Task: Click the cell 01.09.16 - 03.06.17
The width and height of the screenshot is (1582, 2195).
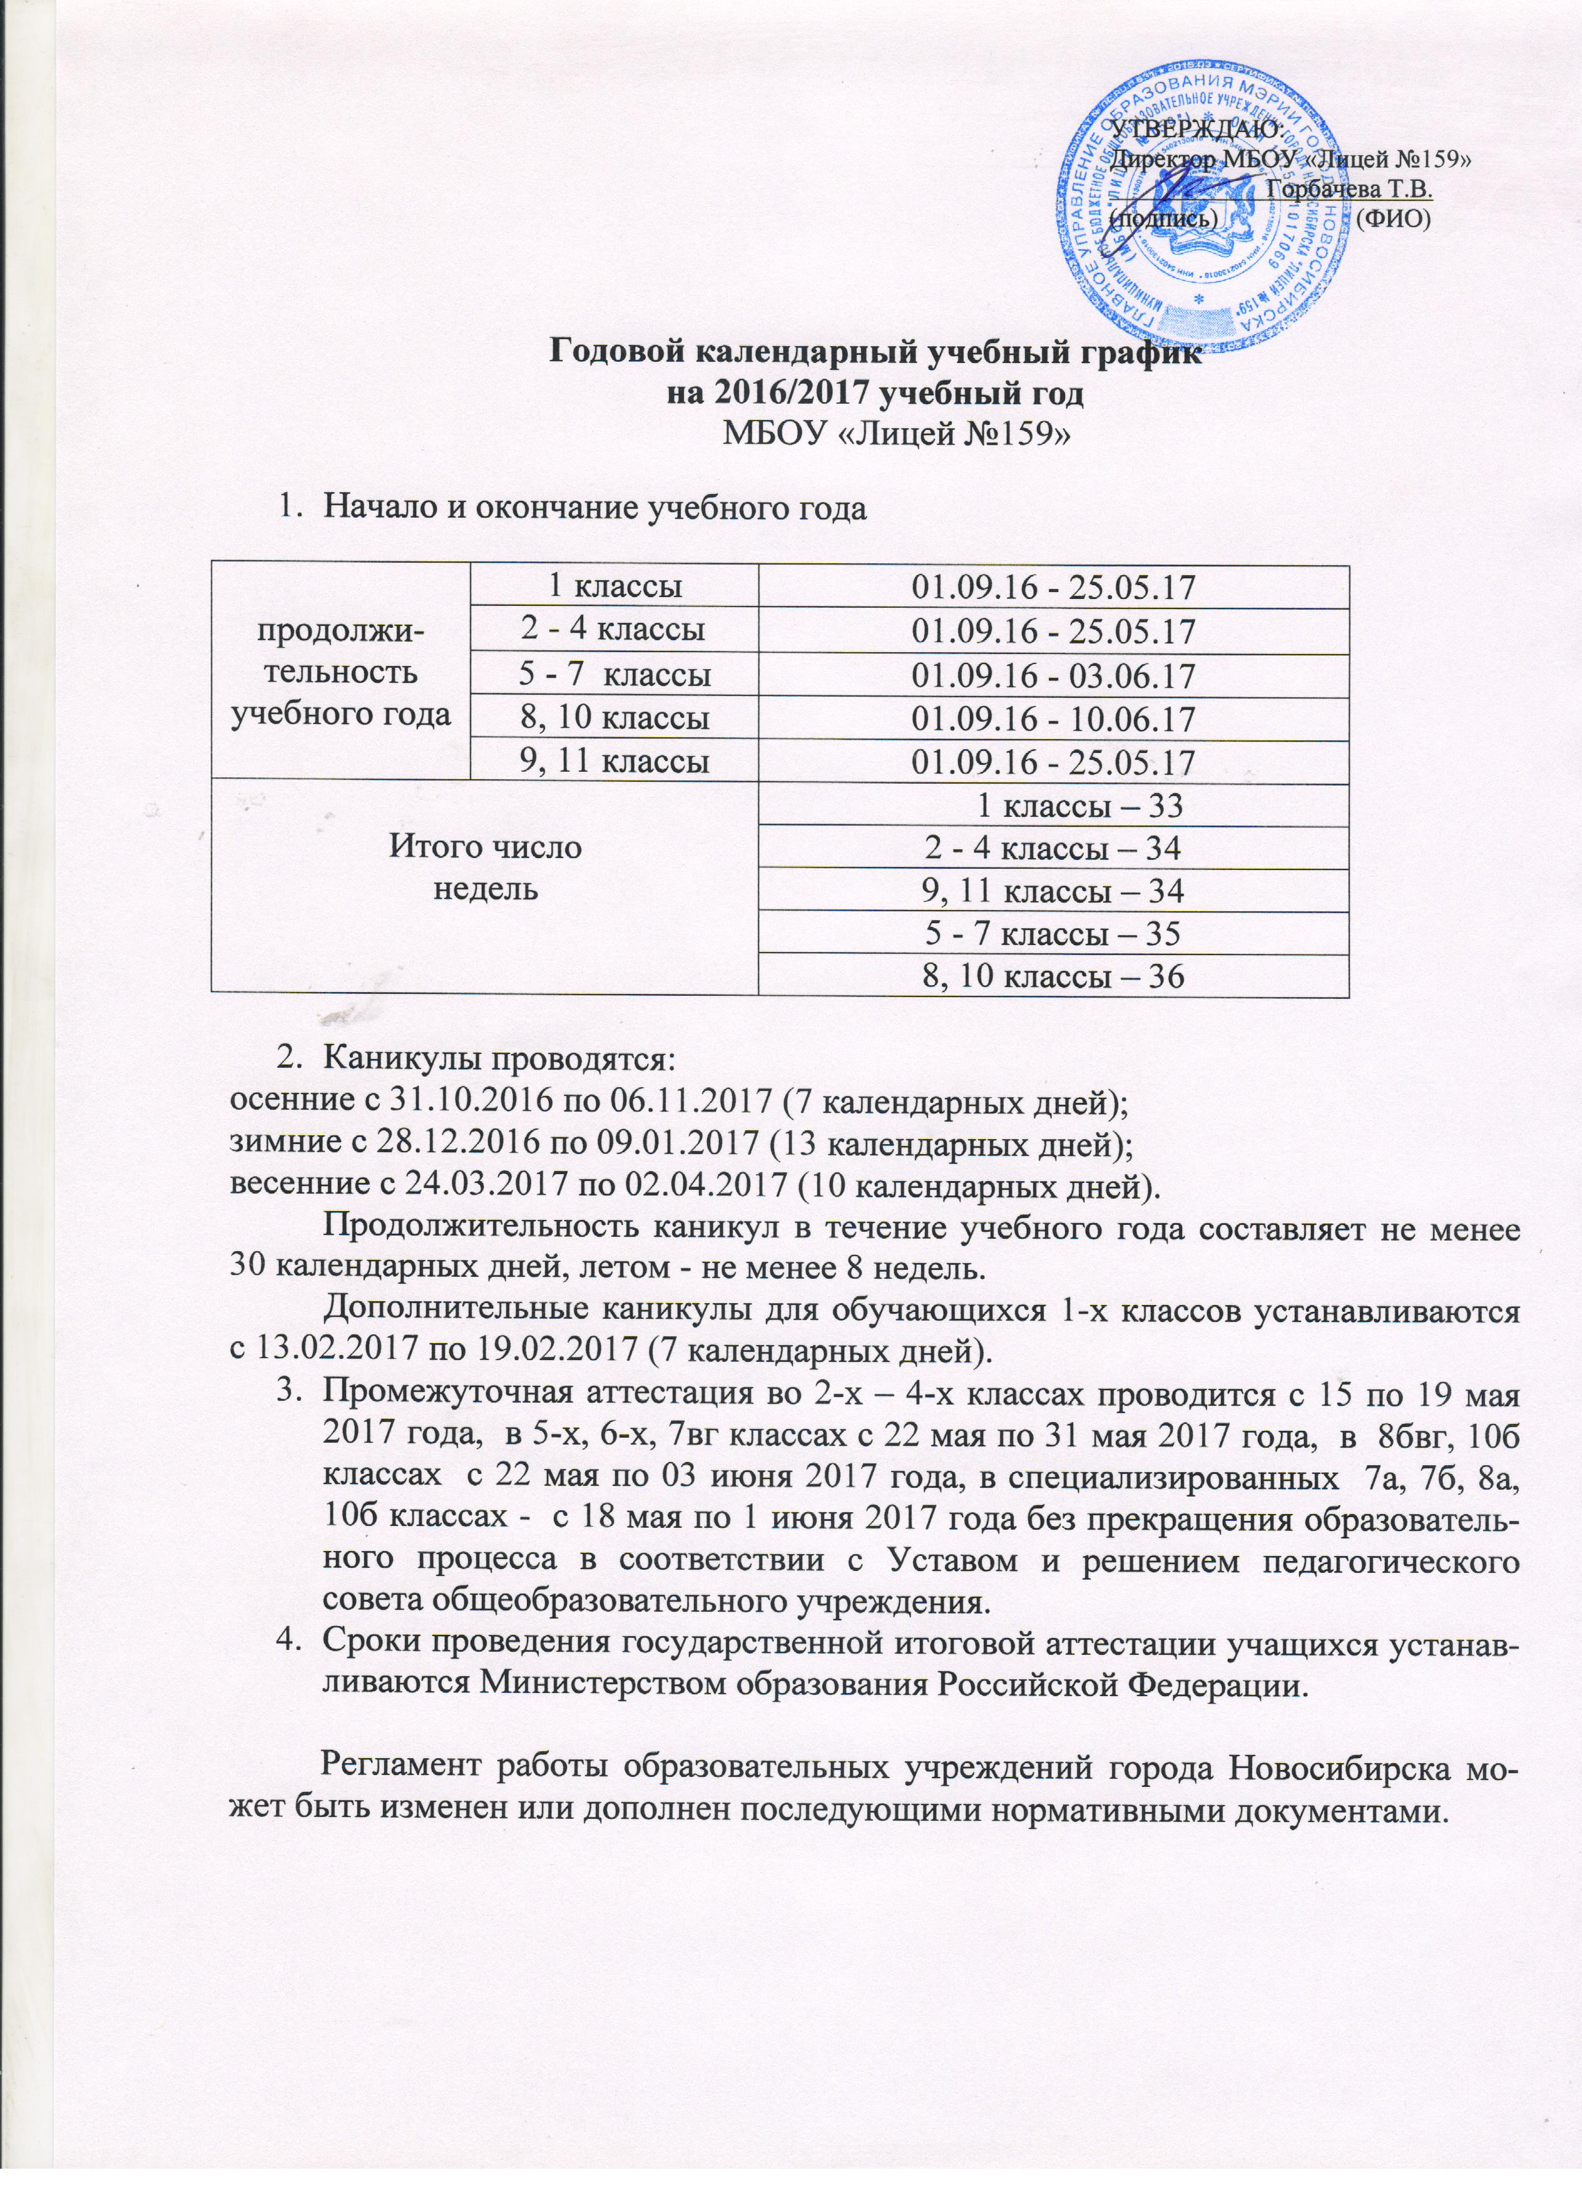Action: [x=1053, y=675]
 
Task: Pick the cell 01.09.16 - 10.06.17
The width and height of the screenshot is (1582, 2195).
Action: [x=1053, y=718]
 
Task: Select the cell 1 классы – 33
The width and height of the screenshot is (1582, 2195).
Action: [x=1053, y=803]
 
